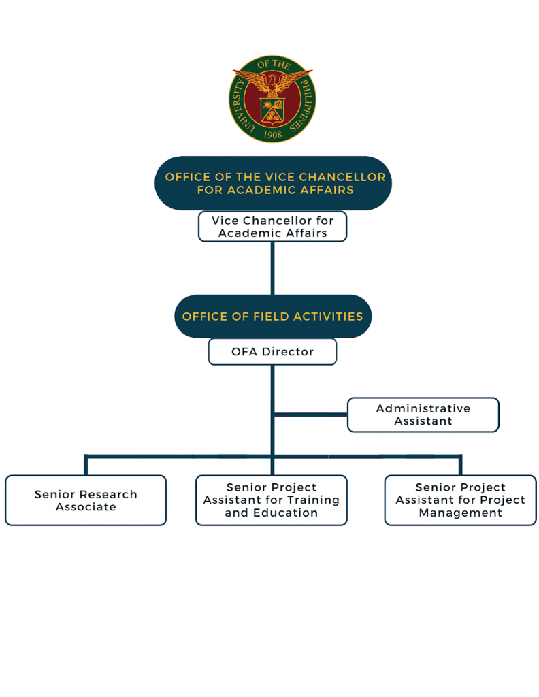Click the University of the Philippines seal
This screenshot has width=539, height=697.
(272, 99)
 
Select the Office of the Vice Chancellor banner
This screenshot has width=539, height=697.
(273, 183)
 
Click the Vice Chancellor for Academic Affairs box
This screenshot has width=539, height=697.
(272, 227)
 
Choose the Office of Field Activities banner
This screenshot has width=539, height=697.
(272, 317)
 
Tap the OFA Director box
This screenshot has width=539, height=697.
(272, 352)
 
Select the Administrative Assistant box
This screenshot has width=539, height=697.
(423, 415)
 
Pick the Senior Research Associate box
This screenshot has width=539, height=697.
(86, 500)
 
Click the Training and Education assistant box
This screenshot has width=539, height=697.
(271, 500)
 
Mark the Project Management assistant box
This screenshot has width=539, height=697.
(460, 500)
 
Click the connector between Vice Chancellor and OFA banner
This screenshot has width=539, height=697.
(272, 268)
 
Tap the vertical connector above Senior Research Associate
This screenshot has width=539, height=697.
(86, 465)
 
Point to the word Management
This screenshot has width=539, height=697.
(460, 513)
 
